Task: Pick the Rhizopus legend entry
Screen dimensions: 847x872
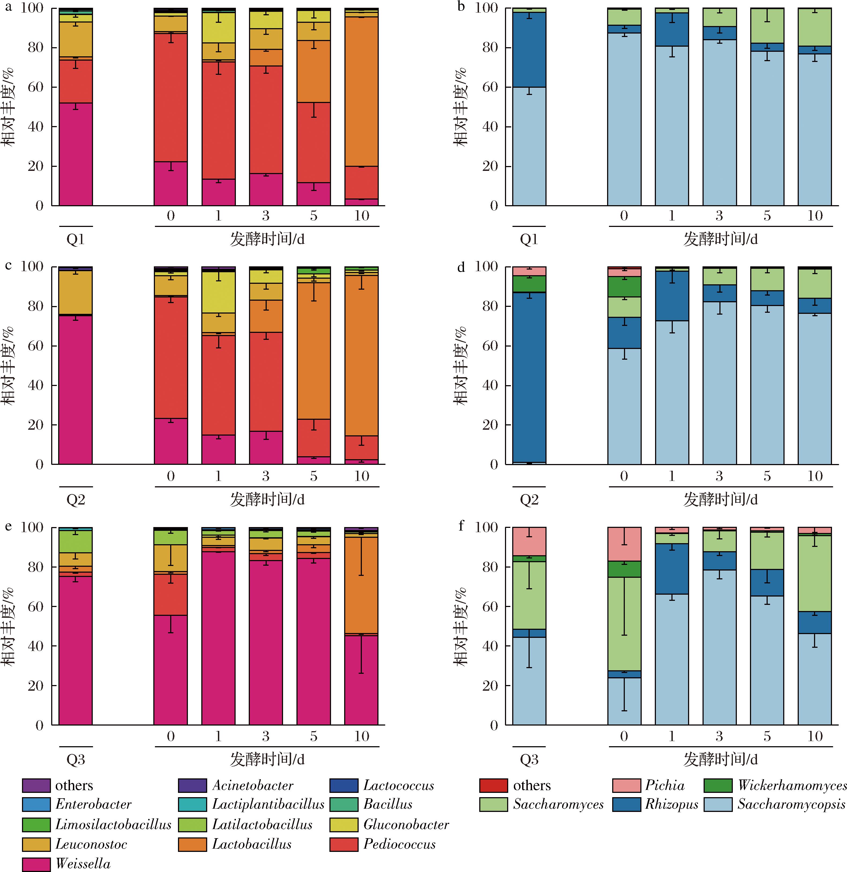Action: (x=672, y=804)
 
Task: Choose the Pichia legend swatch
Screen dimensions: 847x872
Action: (x=626, y=786)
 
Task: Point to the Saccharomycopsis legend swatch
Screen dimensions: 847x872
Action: (x=718, y=804)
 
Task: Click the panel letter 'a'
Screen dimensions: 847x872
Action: (x=8, y=8)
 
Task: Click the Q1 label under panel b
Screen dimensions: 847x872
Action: (x=529, y=240)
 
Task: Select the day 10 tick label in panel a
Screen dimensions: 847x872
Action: (x=361, y=216)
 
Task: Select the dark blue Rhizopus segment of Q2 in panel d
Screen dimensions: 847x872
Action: (x=529, y=377)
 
